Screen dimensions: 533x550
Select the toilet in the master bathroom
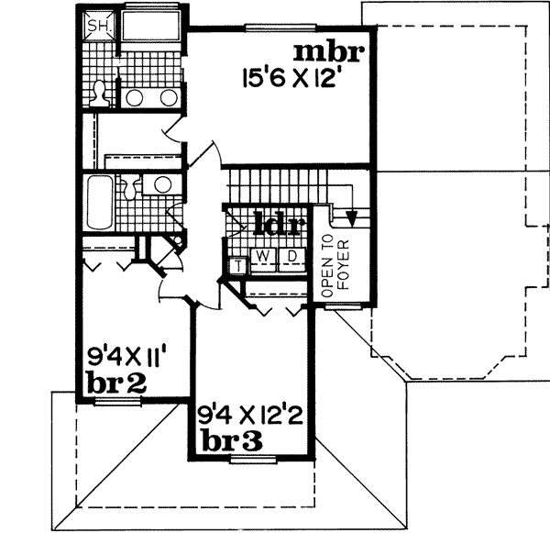(x=100, y=92)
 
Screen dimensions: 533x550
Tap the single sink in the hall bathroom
(x=162, y=183)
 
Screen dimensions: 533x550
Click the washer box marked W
(x=262, y=255)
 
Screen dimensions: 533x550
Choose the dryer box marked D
(x=290, y=255)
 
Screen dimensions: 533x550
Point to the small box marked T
(x=237, y=266)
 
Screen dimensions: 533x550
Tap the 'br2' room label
(x=116, y=380)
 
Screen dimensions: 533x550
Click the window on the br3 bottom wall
(x=247, y=457)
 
